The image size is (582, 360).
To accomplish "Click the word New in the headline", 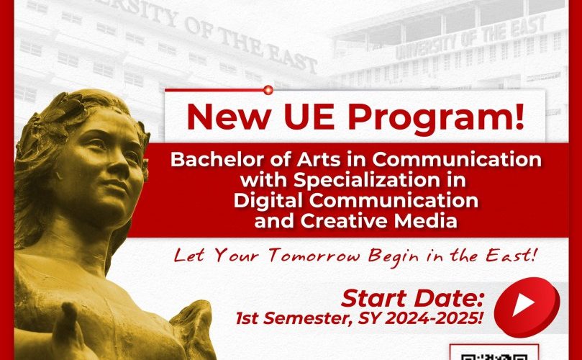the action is click(228, 117).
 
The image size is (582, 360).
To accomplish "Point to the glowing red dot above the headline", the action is click(268, 90).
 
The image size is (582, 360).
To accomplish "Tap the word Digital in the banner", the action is click(269, 202).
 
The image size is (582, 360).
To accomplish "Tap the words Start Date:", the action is click(413, 298).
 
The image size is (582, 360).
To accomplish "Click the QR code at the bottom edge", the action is click(494, 353).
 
